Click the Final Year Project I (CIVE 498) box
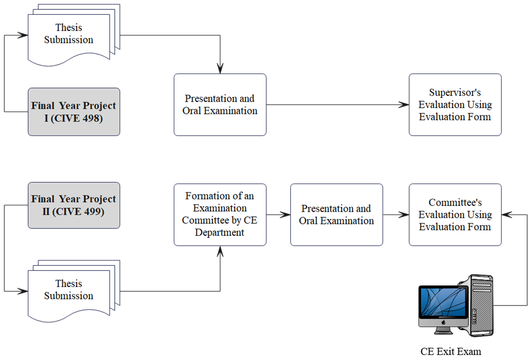click(74, 112)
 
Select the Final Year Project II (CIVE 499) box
click(74, 205)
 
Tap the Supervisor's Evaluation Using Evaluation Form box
click(455, 105)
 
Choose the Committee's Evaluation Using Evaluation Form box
click(455, 215)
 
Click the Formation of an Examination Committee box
click(220, 215)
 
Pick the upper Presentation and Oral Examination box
click(220, 105)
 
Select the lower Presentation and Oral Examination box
click(337, 215)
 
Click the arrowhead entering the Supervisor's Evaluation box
click(405, 105)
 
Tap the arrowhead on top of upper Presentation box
click(220, 69)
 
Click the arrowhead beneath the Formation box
click(220, 251)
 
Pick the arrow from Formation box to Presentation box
click(278, 215)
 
